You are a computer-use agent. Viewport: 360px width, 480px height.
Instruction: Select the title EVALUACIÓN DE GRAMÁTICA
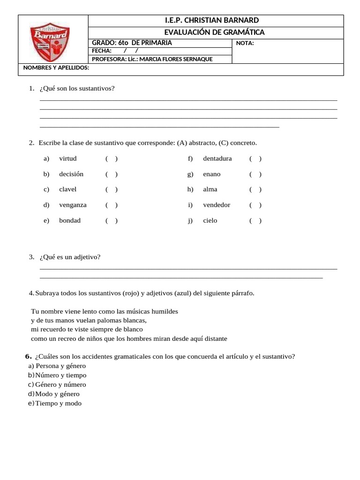click(x=214, y=32)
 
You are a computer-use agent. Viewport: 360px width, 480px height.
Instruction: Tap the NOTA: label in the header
click(x=246, y=43)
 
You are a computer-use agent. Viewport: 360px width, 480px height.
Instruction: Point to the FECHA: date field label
click(x=102, y=51)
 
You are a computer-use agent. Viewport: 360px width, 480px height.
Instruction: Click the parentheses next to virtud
click(x=112, y=158)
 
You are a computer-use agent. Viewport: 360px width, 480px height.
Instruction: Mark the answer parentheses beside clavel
click(x=112, y=189)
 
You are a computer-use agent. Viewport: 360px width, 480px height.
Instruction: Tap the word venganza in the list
click(x=73, y=205)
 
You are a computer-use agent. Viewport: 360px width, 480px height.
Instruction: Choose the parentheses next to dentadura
click(x=255, y=158)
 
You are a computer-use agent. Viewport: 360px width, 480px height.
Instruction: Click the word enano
click(x=211, y=174)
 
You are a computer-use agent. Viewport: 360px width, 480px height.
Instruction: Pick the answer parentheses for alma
click(x=255, y=189)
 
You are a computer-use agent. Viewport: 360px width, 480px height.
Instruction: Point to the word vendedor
click(x=217, y=205)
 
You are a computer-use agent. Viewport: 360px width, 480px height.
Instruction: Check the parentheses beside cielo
click(x=255, y=220)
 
